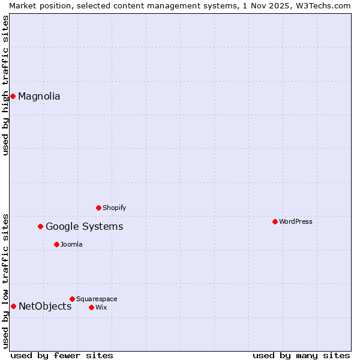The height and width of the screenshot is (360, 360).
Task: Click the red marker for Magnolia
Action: (13, 96)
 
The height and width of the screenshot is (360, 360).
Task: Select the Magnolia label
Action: (39, 96)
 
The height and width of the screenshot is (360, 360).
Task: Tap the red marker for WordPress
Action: (275, 221)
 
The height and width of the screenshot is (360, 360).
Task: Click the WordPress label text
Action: (296, 221)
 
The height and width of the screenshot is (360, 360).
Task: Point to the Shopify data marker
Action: (99, 208)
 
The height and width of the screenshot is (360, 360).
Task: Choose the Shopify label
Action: (114, 208)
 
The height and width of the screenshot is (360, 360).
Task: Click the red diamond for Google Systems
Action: (41, 226)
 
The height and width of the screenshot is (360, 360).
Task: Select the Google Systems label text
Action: (84, 226)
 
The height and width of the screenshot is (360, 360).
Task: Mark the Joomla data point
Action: (56, 244)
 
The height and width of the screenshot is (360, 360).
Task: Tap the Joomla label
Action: (71, 244)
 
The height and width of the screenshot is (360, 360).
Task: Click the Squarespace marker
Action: (72, 299)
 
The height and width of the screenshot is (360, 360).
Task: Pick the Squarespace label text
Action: (97, 299)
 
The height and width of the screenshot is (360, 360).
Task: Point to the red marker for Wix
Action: (91, 307)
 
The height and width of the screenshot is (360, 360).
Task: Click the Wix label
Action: (101, 307)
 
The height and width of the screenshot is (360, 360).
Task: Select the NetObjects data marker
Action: (13, 306)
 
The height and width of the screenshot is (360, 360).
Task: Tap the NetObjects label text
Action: (45, 306)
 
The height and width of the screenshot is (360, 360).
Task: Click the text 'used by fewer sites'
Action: (62, 355)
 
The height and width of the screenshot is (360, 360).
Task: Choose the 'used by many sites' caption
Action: (301, 355)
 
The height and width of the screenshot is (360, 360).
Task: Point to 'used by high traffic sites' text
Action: (5, 85)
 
